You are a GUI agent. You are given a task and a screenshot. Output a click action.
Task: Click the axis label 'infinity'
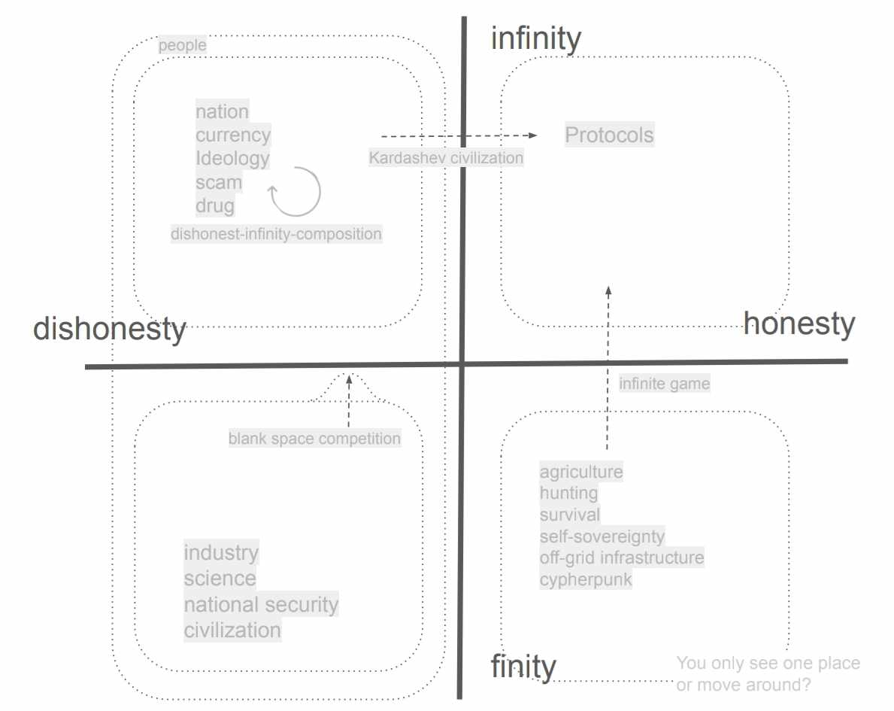pyautogui.click(x=535, y=38)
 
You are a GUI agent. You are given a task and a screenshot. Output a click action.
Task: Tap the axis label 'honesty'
pyautogui.click(x=799, y=324)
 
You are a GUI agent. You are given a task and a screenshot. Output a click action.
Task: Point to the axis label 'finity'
pyautogui.click(x=523, y=667)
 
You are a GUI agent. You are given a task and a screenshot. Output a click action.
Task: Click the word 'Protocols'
pyautogui.click(x=609, y=135)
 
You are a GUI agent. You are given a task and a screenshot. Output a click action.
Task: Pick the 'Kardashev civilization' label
pyautogui.click(x=446, y=158)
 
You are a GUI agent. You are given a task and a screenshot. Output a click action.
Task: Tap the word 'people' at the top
pyautogui.click(x=182, y=46)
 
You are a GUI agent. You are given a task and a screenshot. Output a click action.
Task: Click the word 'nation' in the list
pyautogui.click(x=222, y=111)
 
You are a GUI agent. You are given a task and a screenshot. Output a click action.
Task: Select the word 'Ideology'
pyautogui.click(x=232, y=159)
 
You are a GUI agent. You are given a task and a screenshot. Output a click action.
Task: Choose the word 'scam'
pyautogui.click(x=219, y=182)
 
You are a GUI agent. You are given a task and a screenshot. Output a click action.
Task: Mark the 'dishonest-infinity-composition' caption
pyautogui.click(x=276, y=234)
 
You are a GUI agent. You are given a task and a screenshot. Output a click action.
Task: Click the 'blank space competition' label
pyautogui.click(x=314, y=438)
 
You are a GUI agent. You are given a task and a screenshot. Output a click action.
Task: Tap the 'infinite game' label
pyautogui.click(x=664, y=384)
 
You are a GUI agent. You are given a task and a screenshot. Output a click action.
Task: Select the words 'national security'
pyautogui.click(x=261, y=605)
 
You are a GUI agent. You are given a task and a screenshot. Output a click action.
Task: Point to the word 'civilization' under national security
pyautogui.click(x=232, y=630)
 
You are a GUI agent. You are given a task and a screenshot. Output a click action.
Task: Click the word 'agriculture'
pyautogui.click(x=581, y=472)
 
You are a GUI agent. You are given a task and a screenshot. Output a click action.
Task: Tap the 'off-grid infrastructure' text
pyautogui.click(x=622, y=558)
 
